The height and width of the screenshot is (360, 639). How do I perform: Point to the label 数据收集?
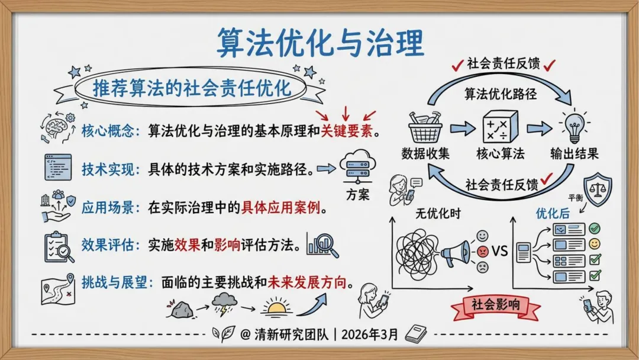[426, 154]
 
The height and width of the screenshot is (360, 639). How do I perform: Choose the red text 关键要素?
[347, 130]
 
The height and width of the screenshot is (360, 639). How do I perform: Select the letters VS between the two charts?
[500, 251]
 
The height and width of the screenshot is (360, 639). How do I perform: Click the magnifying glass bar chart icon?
[322, 245]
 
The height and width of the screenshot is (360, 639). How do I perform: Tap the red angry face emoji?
[483, 251]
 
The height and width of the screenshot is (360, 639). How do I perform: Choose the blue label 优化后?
[553, 213]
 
